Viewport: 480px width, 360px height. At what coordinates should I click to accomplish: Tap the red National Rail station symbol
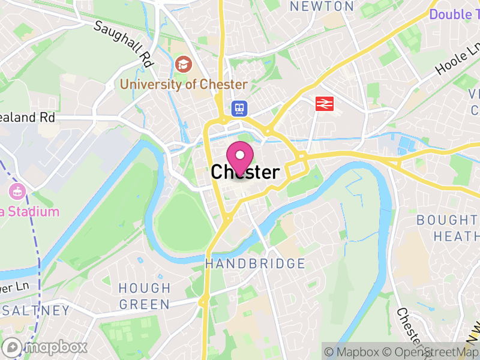coord(325,103)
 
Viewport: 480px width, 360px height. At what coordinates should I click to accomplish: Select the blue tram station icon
coord(239,108)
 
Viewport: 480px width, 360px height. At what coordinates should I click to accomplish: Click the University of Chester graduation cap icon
coord(183,64)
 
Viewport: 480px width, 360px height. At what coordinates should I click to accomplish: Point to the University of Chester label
coord(184,84)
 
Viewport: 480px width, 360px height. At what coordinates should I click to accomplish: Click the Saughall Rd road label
coord(124,44)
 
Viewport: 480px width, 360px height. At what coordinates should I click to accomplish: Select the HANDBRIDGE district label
coord(255,263)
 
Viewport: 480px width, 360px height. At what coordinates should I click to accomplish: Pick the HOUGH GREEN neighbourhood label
coord(144,296)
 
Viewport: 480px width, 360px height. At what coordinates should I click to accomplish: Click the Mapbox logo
coord(46,346)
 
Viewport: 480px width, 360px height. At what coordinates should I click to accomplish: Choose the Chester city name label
coord(245,173)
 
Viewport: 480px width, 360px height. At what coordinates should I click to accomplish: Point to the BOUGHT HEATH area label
coord(448,228)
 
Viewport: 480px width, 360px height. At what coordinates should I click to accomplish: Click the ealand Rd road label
coord(28,118)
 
